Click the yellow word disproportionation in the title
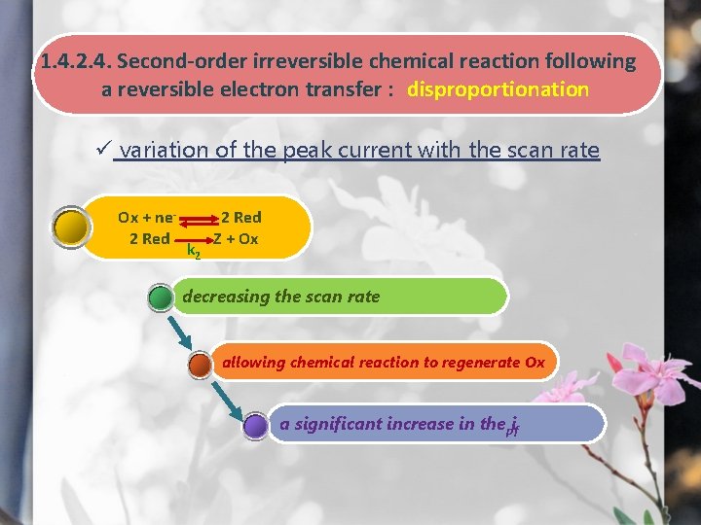tap(498, 89)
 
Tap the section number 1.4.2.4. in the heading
tap(74, 61)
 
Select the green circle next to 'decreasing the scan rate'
tap(161, 296)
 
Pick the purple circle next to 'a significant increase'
tap(255, 425)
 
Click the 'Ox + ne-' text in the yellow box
tap(146, 217)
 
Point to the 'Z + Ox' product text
tap(237, 238)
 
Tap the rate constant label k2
tap(194, 252)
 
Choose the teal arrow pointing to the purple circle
tap(226, 396)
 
